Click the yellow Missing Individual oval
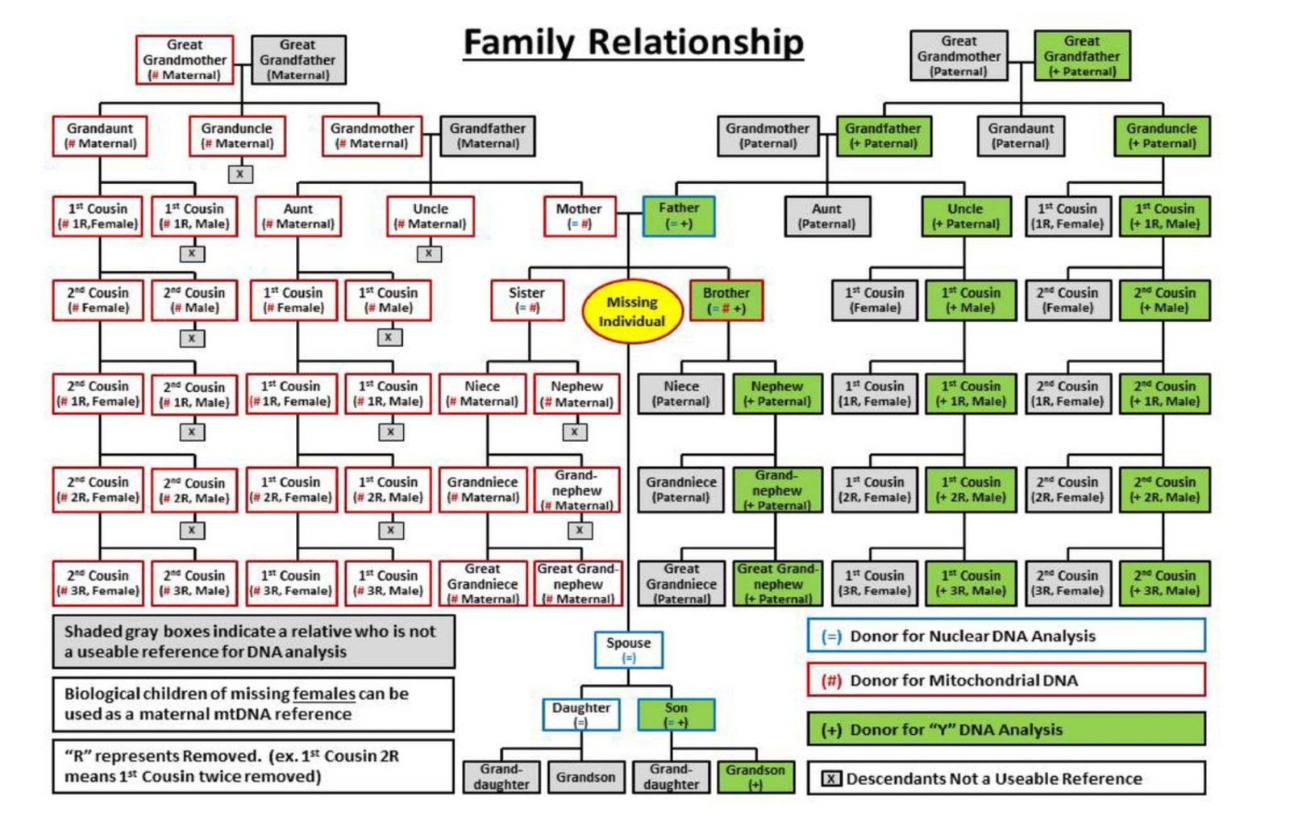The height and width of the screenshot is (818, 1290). point(631,311)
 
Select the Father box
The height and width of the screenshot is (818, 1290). point(678,215)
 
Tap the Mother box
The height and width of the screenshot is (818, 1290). point(579,215)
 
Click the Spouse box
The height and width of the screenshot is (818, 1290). point(628,649)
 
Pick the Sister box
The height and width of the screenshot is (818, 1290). point(526,299)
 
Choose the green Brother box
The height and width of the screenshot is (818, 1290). point(726,299)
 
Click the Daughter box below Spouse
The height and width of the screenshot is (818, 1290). point(580,714)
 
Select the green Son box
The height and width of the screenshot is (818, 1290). point(676,714)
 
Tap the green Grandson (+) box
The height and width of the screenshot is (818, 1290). point(755,776)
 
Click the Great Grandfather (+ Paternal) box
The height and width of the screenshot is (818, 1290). point(1081,56)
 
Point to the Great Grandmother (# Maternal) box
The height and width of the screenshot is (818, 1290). point(185,60)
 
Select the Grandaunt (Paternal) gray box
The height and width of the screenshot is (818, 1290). point(1020,136)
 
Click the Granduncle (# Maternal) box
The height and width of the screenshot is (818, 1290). point(236,136)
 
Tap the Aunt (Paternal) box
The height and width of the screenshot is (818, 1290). point(826,215)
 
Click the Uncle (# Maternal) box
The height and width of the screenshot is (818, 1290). point(430,215)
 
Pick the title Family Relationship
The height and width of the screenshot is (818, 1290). point(633,42)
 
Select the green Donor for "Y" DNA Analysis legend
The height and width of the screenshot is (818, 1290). point(1005,729)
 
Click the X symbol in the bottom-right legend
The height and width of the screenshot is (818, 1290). point(830,778)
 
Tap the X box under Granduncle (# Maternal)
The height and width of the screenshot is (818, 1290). point(239,173)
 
